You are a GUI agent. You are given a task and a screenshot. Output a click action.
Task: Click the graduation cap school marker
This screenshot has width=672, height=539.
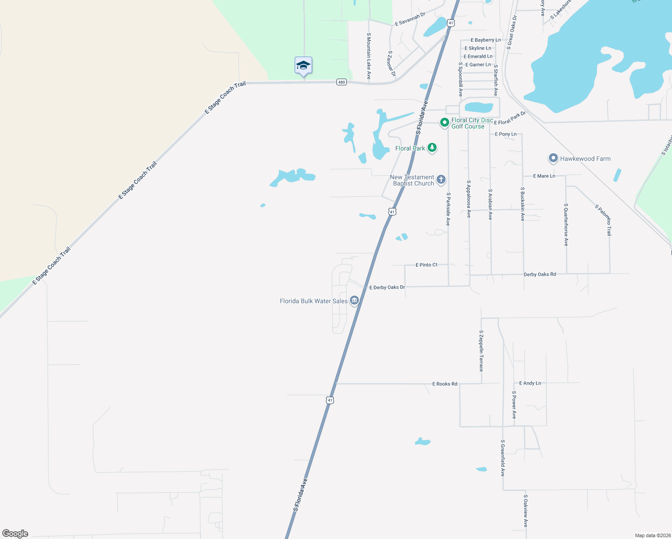[303, 66]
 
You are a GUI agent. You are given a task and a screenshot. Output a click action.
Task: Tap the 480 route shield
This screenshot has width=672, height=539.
[341, 82]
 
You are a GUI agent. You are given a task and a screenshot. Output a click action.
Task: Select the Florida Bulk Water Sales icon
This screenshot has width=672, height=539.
[354, 300]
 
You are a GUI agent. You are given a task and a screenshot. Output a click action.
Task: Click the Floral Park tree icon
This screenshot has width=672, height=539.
[432, 147]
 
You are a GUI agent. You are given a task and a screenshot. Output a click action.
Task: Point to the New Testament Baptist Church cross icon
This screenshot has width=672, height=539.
[441, 180]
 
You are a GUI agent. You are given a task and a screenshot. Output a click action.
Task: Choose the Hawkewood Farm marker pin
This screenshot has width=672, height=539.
[553, 159]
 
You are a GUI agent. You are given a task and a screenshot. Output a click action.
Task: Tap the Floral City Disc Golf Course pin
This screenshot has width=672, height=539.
[444, 122]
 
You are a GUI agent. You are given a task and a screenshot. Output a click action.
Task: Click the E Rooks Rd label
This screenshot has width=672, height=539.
[444, 384]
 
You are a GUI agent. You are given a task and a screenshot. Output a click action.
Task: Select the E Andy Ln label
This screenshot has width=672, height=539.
[530, 383]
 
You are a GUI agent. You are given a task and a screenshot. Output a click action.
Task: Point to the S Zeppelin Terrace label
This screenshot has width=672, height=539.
[481, 351]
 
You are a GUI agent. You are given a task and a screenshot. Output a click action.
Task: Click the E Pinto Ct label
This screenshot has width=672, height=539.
[426, 265]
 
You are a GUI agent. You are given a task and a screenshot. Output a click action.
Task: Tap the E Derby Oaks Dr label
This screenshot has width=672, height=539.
[387, 287]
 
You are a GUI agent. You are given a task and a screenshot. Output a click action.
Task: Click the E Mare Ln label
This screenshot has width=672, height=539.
[544, 176]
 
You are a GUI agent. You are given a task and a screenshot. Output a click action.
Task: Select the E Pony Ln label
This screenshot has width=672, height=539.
[505, 134]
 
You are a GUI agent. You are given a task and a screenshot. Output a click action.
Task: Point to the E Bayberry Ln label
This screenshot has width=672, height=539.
[486, 40]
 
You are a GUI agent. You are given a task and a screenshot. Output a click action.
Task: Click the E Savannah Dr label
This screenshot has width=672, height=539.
[410, 19]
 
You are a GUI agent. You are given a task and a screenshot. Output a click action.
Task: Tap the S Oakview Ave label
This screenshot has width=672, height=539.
[525, 511]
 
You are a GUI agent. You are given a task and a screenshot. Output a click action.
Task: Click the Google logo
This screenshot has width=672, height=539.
[15, 534]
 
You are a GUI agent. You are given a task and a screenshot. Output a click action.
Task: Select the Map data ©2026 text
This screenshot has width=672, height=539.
[652, 535]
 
